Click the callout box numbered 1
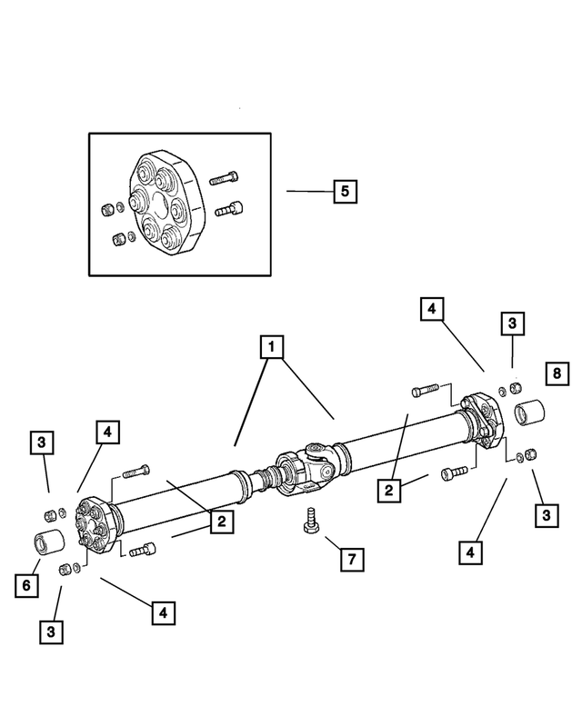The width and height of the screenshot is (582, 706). pyautogui.click(x=270, y=346)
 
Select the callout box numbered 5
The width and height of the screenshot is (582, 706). pyautogui.click(x=345, y=192)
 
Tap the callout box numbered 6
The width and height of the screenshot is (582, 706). pyautogui.click(x=26, y=586)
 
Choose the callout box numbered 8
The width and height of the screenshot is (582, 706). pyautogui.click(x=557, y=373)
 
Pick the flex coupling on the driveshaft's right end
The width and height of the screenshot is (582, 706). pyautogui.click(x=481, y=419)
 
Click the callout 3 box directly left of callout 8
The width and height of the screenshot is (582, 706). pyautogui.click(x=512, y=323)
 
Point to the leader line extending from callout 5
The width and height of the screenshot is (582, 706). pyautogui.click(x=309, y=192)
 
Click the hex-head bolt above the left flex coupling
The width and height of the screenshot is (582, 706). pyautogui.click(x=134, y=472)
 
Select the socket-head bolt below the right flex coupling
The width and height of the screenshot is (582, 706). pyautogui.click(x=454, y=472)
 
